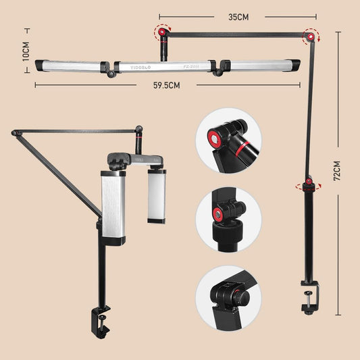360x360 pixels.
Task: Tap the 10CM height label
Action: (26, 53)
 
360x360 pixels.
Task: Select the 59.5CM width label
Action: (165, 85)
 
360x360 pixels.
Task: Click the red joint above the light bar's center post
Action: (162, 31)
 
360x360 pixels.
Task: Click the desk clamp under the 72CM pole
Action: (309, 299)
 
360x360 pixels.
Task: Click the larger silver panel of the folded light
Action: (113, 206)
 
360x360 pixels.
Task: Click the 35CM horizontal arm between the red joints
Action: (236, 34)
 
